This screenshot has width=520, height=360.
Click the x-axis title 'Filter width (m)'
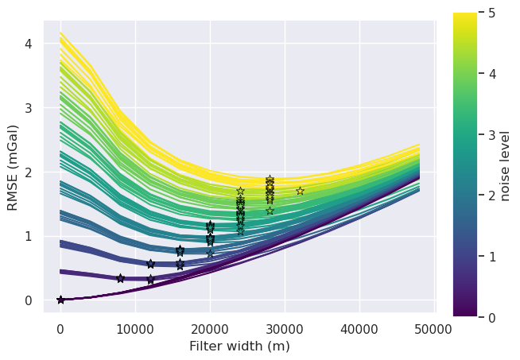(x=239, y=346)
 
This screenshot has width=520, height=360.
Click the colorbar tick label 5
(x=487, y=13)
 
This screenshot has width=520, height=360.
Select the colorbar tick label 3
(x=487, y=134)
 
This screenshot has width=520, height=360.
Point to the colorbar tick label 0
(x=487, y=317)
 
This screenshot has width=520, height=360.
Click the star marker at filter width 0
(x=60, y=300)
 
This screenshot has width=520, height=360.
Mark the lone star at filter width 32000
(x=300, y=191)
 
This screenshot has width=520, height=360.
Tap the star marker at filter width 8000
(x=120, y=278)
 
